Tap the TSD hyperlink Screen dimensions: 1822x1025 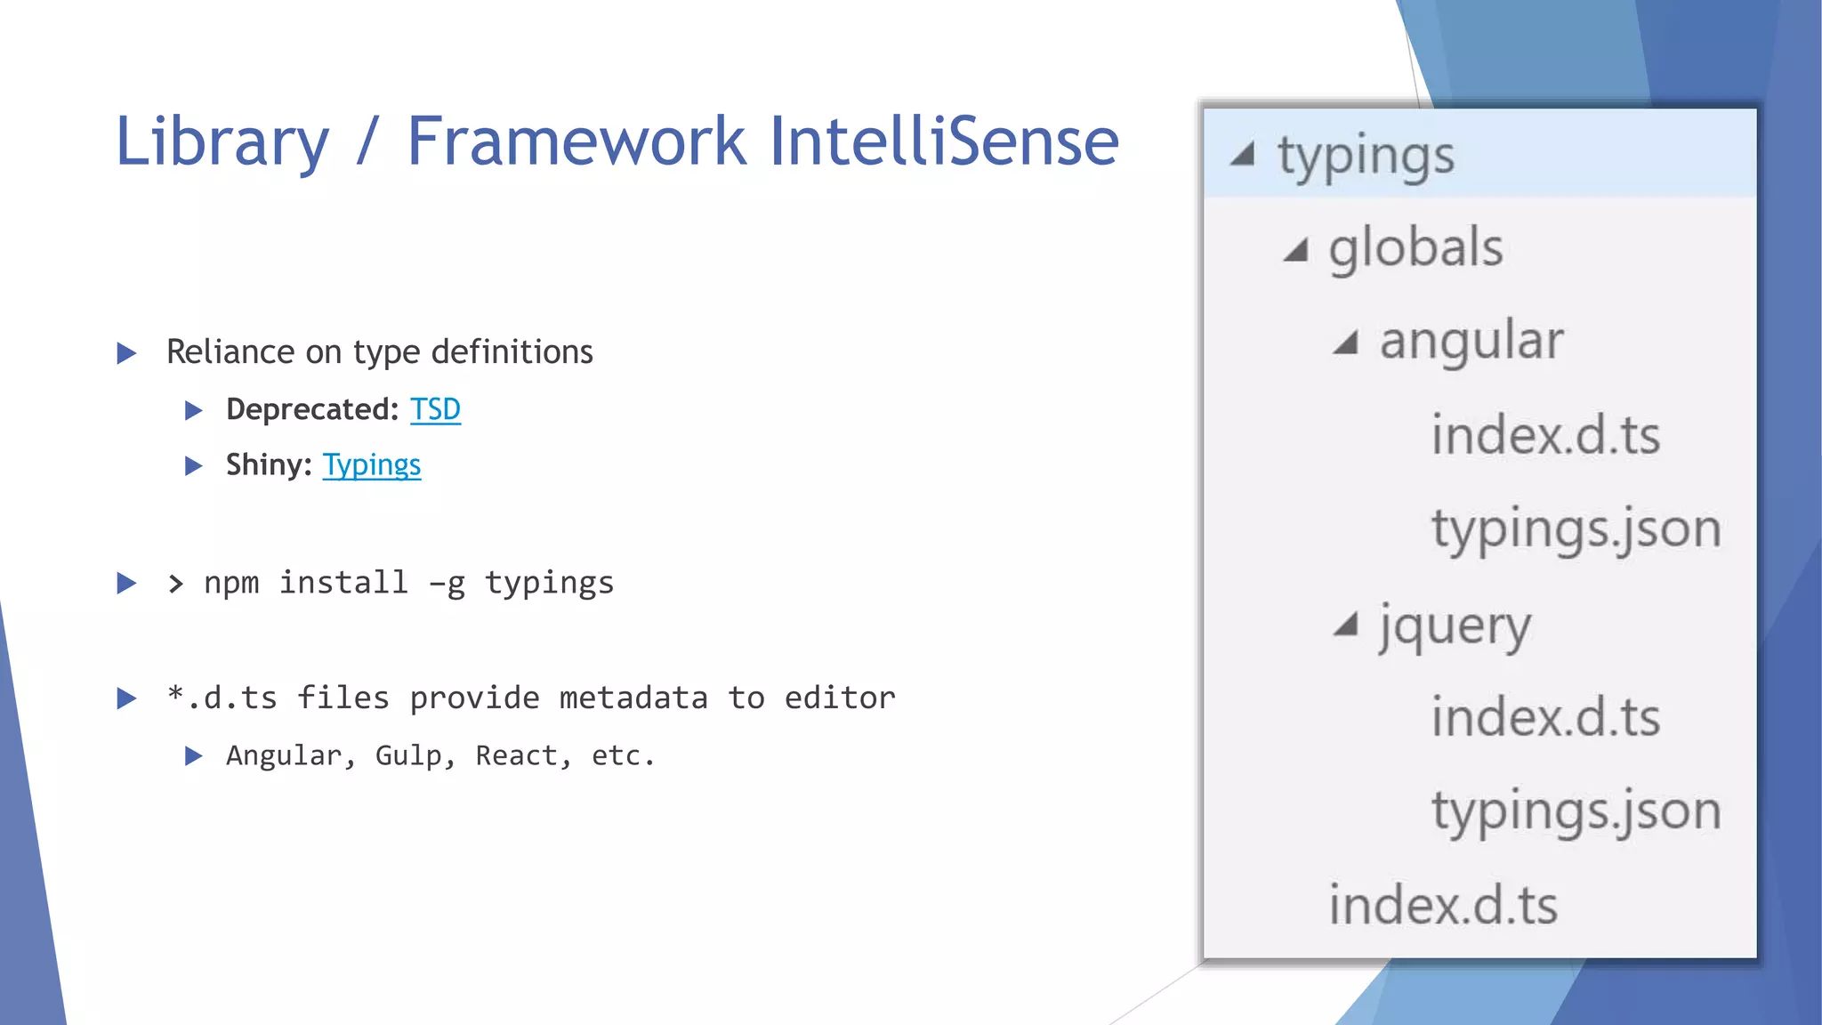[x=435, y=409]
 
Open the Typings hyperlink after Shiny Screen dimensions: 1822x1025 [x=371, y=465]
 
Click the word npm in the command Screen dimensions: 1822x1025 [x=231, y=583]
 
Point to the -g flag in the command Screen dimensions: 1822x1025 [x=447, y=584]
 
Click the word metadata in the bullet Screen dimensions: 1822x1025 [x=633, y=698]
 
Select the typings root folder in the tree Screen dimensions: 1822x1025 [x=1366, y=156]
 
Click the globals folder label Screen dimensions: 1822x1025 [x=1415, y=247]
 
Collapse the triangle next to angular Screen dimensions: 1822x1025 [x=1345, y=343]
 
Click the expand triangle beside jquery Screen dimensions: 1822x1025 [x=1345, y=625]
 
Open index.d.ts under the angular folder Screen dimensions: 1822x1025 [x=1545, y=436]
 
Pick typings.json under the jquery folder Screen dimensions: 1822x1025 [x=1576, y=811]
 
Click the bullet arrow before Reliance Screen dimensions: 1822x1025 [x=127, y=353]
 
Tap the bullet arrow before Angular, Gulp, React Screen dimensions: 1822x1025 [x=193, y=756]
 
